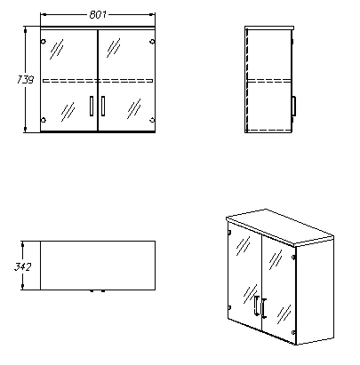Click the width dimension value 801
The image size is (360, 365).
[x=98, y=14]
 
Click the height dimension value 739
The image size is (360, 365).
[x=25, y=80]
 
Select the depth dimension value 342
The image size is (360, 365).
[x=22, y=266]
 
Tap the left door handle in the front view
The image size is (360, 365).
[x=92, y=106]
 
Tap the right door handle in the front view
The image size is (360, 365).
[x=103, y=106]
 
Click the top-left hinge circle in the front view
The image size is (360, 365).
[x=44, y=42]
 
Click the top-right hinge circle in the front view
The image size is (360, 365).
[x=152, y=42]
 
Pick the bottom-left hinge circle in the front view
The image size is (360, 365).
[x=44, y=120]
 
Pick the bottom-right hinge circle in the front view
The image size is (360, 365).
[x=152, y=120]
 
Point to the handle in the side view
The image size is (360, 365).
[x=293, y=106]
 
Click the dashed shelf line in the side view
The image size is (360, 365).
[x=268, y=80]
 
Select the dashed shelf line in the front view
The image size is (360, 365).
[x=98, y=80]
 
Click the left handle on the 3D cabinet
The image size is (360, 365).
[x=256, y=305]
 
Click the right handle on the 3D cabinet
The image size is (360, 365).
[x=264, y=308]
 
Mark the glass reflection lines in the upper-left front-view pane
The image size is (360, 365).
[x=56, y=49]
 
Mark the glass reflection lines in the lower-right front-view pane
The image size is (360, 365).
[x=134, y=108]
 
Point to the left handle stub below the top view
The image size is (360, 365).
[x=92, y=291]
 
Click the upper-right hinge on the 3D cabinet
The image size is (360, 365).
[x=293, y=257]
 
